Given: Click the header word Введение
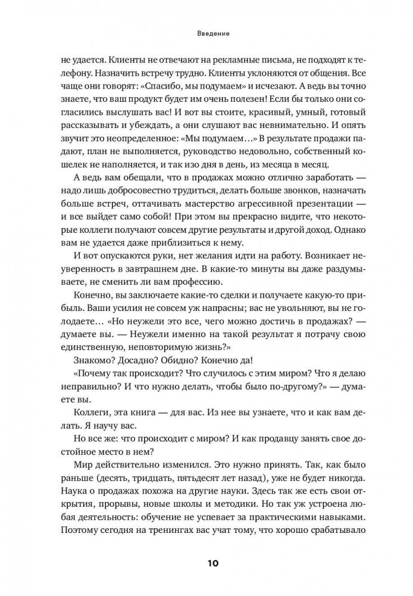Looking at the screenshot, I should click(x=206, y=35).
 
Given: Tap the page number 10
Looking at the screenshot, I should click(x=206, y=561).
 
